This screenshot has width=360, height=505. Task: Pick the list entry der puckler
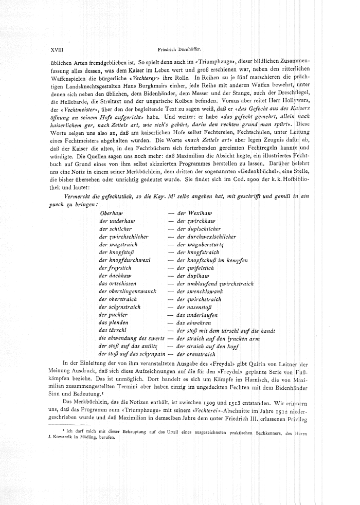click(x=113, y=315)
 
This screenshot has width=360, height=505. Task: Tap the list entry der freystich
click(x=114, y=268)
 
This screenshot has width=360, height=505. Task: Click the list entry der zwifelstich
click(x=195, y=268)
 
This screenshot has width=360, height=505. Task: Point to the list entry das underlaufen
click(x=197, y=315)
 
